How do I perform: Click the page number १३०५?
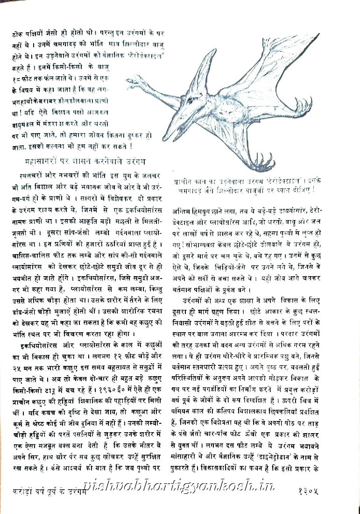[311, 491]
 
